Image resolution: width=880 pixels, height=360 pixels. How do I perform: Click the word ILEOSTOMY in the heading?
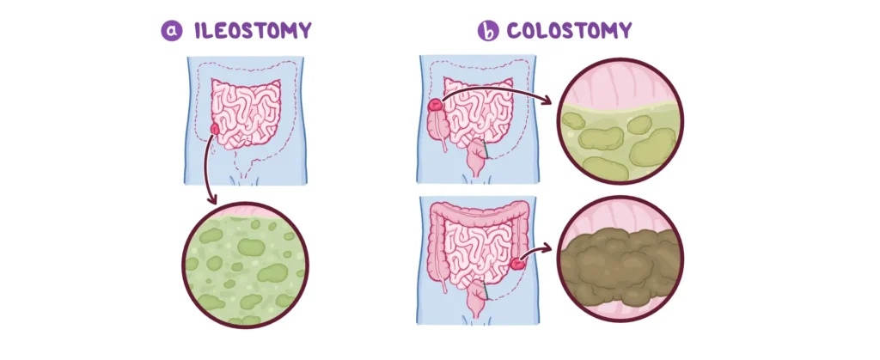coord(253,30)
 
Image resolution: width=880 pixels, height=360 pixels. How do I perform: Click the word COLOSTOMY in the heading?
coord(569,30)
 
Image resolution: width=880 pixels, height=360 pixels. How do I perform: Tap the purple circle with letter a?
coord(172,31)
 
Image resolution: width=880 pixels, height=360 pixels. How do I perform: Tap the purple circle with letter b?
coord(488,31)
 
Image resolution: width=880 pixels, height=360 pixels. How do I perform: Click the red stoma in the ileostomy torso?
coord(215,129)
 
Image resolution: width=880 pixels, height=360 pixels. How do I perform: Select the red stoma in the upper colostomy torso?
coord(436,104)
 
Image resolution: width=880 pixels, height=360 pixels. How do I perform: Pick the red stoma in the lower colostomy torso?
coord(517,260)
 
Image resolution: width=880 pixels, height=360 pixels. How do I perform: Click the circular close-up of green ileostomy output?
coord(245,265)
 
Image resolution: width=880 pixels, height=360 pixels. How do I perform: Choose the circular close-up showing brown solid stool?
coord(620,259)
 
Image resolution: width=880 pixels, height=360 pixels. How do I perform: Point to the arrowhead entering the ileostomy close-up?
coord(212,199)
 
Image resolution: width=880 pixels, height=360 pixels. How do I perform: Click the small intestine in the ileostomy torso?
coord(246,113)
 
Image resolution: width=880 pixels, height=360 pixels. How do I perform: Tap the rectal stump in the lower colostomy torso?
coord(476,299)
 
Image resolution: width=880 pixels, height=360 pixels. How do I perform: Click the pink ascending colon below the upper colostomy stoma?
coord(436,130)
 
